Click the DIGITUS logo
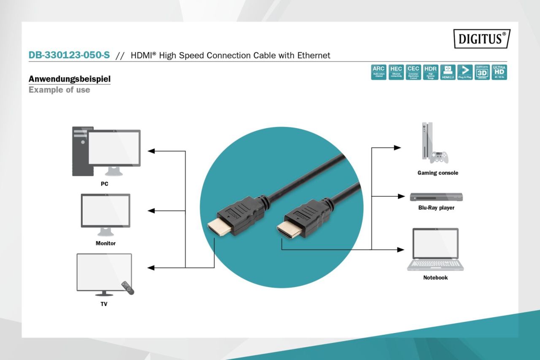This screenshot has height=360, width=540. click(x=482, y=39)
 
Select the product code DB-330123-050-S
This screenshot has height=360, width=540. click(x=69, y=55)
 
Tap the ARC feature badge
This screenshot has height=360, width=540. click(x=378, y=72)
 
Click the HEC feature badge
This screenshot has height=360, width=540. click(x=396, y=72)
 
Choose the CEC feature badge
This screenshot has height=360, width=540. click(x=413, y=72)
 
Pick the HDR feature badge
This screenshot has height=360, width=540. click(x=430, y=72)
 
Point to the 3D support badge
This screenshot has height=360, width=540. click(x=482, y=72)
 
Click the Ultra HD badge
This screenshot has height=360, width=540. click(x=499, y=72)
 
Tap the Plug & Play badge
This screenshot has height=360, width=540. click(x=464, y=72)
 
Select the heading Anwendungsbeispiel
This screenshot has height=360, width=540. click(x=69, y=79)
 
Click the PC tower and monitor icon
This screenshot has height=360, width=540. click(x=106, y=151)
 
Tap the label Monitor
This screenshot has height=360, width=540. click(x=105, y=243)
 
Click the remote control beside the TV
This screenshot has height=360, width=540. click(x=128, y=288)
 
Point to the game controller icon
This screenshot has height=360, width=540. click(x=439, y=157)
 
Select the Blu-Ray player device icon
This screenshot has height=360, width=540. click(x=436, y=197)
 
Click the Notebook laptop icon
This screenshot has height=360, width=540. click(x=435, y=249)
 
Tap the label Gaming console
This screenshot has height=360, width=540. click(x=437, y=173)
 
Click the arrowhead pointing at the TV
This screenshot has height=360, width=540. click(x=151, y=268)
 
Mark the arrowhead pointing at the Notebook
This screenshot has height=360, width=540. click(x=400, y=249)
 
